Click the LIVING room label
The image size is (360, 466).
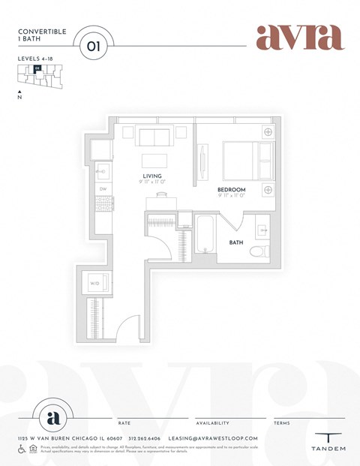[x=153, y=176]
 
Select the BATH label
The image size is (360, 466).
[x=236, y=242]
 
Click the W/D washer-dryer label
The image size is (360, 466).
[x=95, y=284]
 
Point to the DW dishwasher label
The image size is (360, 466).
[x=103, y=189]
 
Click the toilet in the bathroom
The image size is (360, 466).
[x=259, y=251]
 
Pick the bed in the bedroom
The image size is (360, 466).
[x=246, y=159]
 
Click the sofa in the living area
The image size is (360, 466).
[x=154, y=137]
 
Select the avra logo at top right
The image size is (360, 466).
[x=299, y=37]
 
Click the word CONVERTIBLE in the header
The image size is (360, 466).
[x=42, y=32]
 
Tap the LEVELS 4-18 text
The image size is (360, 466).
[x=37, y=58]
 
